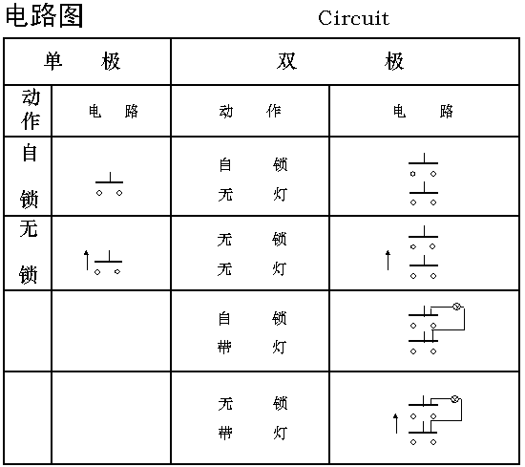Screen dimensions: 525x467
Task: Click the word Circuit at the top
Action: click(x=353, y=18)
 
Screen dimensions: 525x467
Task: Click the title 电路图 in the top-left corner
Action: click(x=44, y=15)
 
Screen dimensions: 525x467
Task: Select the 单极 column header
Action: click(x=82, y=61)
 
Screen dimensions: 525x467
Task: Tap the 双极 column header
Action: click(x=340, y=61)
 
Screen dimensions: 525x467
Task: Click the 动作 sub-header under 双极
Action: click(x=250, y=111)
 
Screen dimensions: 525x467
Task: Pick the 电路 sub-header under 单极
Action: click(x=114, y=111)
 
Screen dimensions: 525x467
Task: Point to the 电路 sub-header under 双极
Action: click(x=423, y=111)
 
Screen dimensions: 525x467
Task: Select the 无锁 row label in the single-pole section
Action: click(x=29, y=252)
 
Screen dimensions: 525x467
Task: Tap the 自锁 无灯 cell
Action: click(x=253, y=180)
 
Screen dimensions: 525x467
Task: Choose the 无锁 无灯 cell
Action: click(x=252, y=254)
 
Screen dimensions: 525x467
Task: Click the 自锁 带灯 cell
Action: click(x=252, y=332)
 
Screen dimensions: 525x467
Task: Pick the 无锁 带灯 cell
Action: click(x=252, y=418)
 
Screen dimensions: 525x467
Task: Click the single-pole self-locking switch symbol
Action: click(x=110, y=182)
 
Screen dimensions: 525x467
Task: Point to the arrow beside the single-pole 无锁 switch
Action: click(x=86, y=260)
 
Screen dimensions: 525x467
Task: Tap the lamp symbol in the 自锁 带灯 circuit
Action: click(x=456, y=307)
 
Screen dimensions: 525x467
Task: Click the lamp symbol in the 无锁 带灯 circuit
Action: click(x=454, y=398)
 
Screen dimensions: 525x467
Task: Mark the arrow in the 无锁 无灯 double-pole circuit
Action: click(x=388, y=260)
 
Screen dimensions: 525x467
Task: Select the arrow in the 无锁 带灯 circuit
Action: click(x=396, y=423)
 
